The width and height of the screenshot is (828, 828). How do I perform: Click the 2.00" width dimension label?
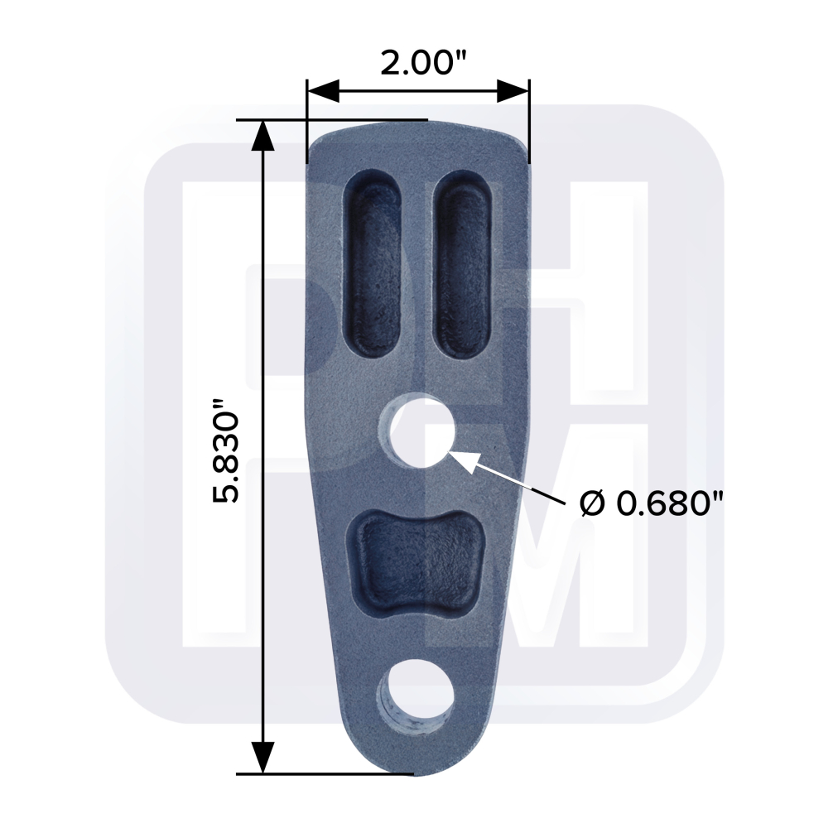[x=424, y=63]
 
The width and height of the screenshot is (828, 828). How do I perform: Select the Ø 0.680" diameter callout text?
[x=651, y=503]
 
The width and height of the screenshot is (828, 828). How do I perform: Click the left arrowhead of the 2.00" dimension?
[x=323, y=91]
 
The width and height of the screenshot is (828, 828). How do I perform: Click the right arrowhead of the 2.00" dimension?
[x=513, y=91]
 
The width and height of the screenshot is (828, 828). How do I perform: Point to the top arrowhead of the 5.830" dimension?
[x=262, y=137]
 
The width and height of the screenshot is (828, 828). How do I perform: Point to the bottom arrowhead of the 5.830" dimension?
[x=262, y=758]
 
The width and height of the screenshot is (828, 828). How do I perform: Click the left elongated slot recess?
[x=372, y=265]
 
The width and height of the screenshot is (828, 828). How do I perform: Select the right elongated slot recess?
[x=463, y=265]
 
